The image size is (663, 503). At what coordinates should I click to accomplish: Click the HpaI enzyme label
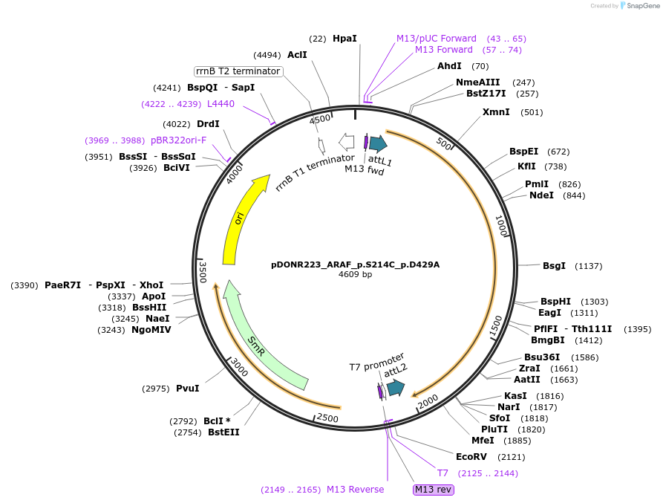coord(344,38)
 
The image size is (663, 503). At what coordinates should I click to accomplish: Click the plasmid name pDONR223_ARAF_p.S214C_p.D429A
coord(355,264)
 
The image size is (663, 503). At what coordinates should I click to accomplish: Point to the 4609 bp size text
coord(355,275)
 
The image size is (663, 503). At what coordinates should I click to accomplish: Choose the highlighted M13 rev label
coord(433,490)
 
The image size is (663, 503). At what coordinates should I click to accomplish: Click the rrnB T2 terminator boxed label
coord(238,71)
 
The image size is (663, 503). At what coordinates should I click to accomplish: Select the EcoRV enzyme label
coord(471,457)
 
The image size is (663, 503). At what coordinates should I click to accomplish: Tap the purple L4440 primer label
coord(221,104)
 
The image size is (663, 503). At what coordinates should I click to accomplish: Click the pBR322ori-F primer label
coord(179,140)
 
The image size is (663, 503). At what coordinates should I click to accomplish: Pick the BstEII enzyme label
coord(223,432)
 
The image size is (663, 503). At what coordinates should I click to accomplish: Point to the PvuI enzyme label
coord(187,388)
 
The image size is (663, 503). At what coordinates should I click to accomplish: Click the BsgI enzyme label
coord(554,265)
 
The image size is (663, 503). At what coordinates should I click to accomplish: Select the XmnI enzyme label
coord(496,112)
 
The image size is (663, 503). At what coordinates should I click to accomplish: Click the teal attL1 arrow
coord(378,143)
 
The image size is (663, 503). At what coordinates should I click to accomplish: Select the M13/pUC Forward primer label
coord(436,38)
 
